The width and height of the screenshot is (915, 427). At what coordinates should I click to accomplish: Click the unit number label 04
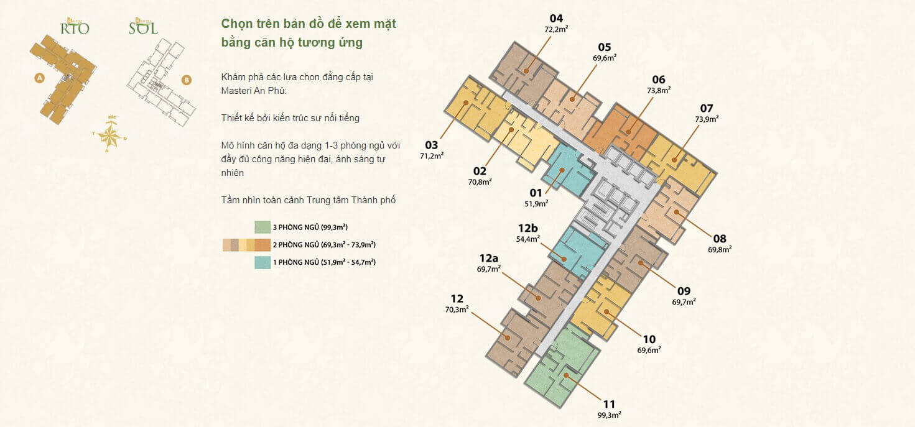(556, 18)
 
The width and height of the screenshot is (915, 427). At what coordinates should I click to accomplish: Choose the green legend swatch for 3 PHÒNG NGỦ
(262, 227)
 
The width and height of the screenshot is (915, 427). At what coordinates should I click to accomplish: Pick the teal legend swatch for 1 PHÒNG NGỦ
(262, 262)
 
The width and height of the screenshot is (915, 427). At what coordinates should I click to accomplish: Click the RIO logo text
(74, 28)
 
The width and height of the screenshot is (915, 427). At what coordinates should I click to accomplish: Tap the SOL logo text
(143, 28)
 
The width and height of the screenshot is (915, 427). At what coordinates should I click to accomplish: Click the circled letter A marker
(40, 78)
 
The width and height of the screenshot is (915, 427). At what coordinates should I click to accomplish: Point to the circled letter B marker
(186, 80)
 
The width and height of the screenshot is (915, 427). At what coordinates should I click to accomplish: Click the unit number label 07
(706, 108)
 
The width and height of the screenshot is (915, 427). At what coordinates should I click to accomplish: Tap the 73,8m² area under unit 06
(659, 90)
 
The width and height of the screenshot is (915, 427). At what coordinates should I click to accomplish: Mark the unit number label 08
(720, 239)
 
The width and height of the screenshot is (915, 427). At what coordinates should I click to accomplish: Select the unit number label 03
(432, 145)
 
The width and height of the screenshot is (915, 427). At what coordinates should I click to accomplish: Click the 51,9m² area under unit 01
(536, 203)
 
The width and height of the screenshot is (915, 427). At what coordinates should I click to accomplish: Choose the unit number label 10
(649, 339)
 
